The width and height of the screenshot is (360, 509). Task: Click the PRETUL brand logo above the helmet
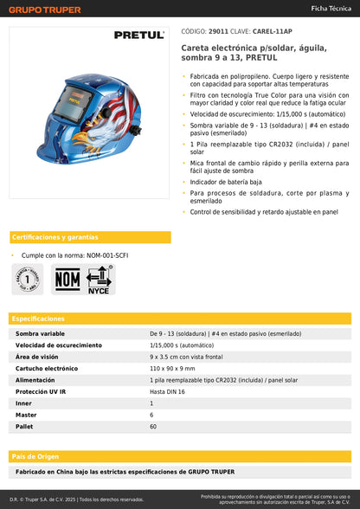pos(138,35)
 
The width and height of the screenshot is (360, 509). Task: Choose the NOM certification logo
pos(67,279)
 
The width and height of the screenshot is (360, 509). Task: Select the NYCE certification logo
pos(100,280)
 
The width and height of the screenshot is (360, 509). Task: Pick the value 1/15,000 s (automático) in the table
pos(186,345)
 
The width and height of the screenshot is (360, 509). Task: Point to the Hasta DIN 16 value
pos(169,391)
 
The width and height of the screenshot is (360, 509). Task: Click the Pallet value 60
pos(153,427)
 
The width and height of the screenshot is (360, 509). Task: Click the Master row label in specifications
pos(26,415)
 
